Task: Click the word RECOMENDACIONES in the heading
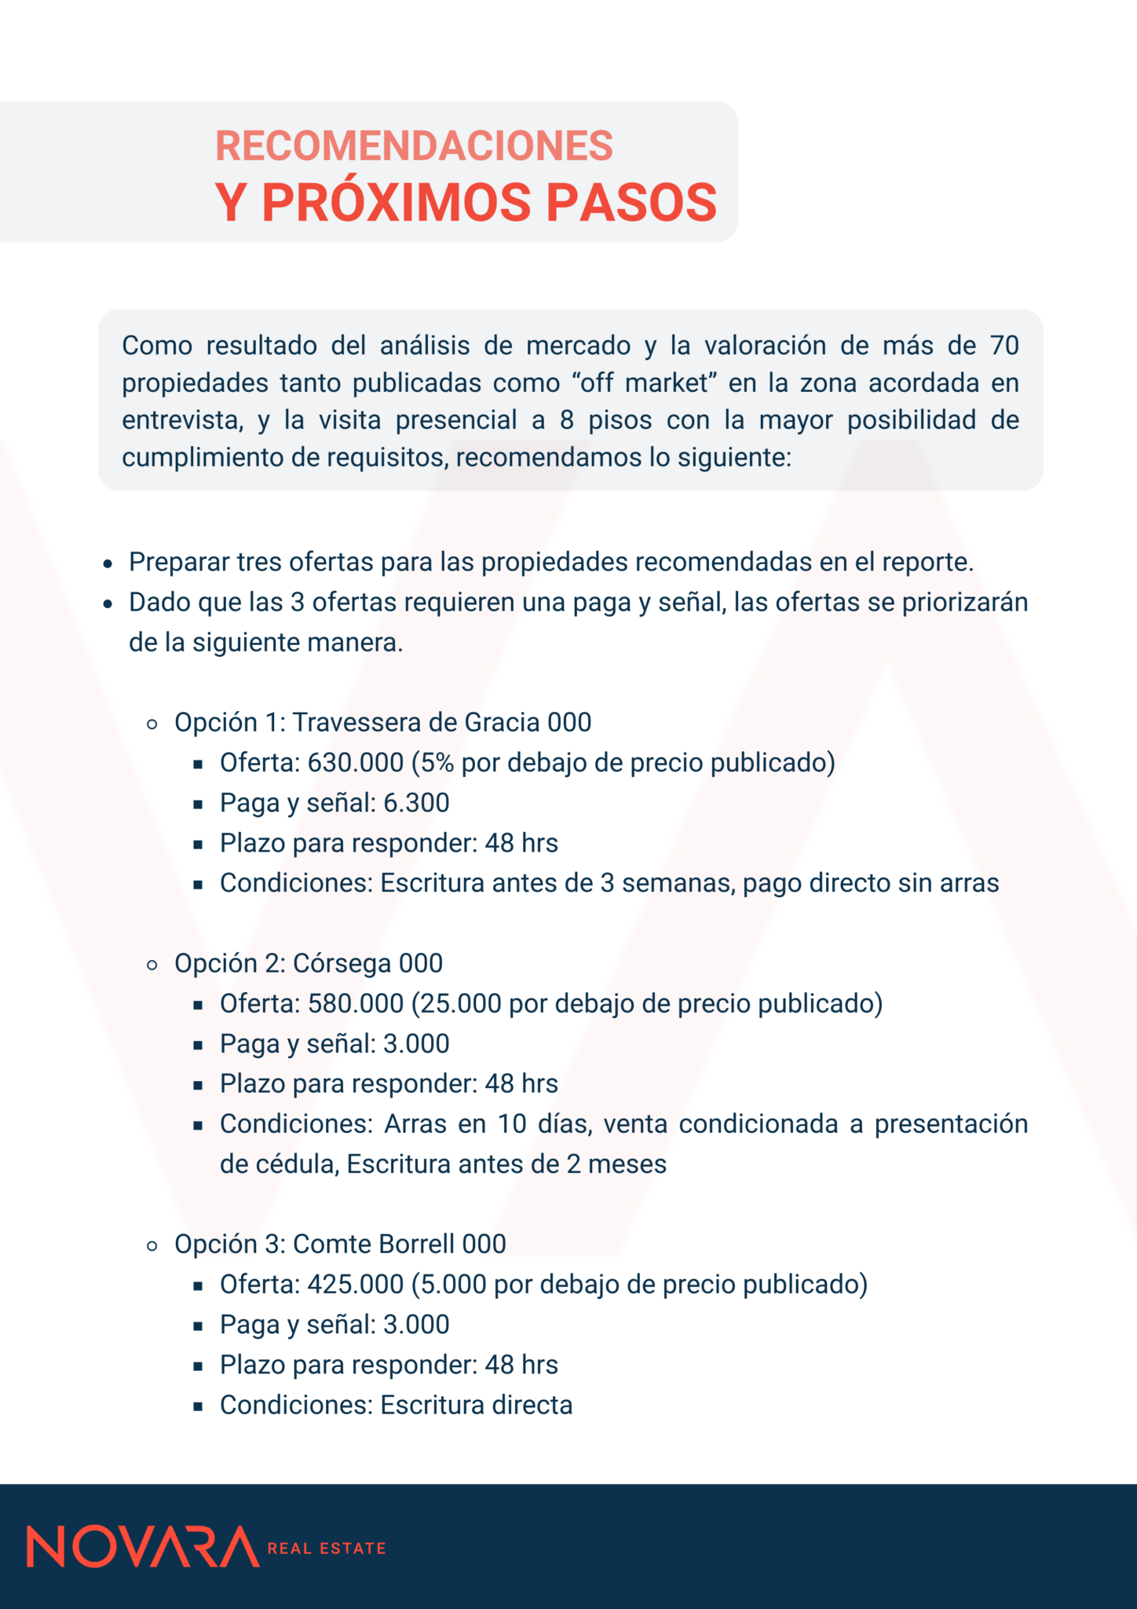(x=414, y=146)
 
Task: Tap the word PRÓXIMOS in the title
(x=397, y=203)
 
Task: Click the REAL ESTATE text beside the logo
(x=327, y=1549)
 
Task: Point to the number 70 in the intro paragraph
(x=1004, y=346)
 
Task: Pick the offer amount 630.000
(x=355, y=763)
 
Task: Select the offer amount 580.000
(x=355, y=1004)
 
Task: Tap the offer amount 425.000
(x=355, y=1285)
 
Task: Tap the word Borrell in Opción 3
(x=416, y=1244)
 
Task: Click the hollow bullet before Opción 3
(x=152, y=1245)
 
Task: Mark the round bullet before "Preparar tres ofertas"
(x=109, y=564)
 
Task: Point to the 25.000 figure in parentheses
(x=461, y=1004)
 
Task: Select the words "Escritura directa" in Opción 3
(x=477, y=1406)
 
